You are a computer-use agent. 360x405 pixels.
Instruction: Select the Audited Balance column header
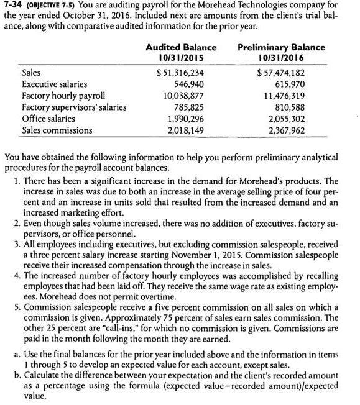tap(181, 48)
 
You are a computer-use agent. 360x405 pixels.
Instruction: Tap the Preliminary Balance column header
tap(281, 48)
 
